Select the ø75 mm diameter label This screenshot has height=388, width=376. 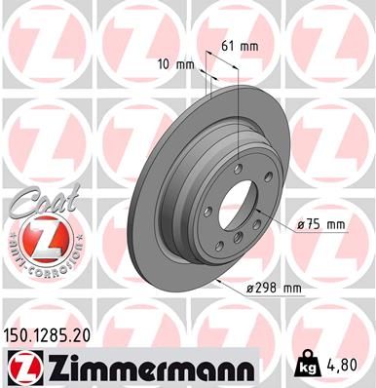pos(321,224)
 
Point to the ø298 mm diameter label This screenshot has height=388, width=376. pos(276,287)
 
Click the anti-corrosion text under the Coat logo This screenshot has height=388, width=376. pos(35,255)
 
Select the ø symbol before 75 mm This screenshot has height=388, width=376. pos(300,224)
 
